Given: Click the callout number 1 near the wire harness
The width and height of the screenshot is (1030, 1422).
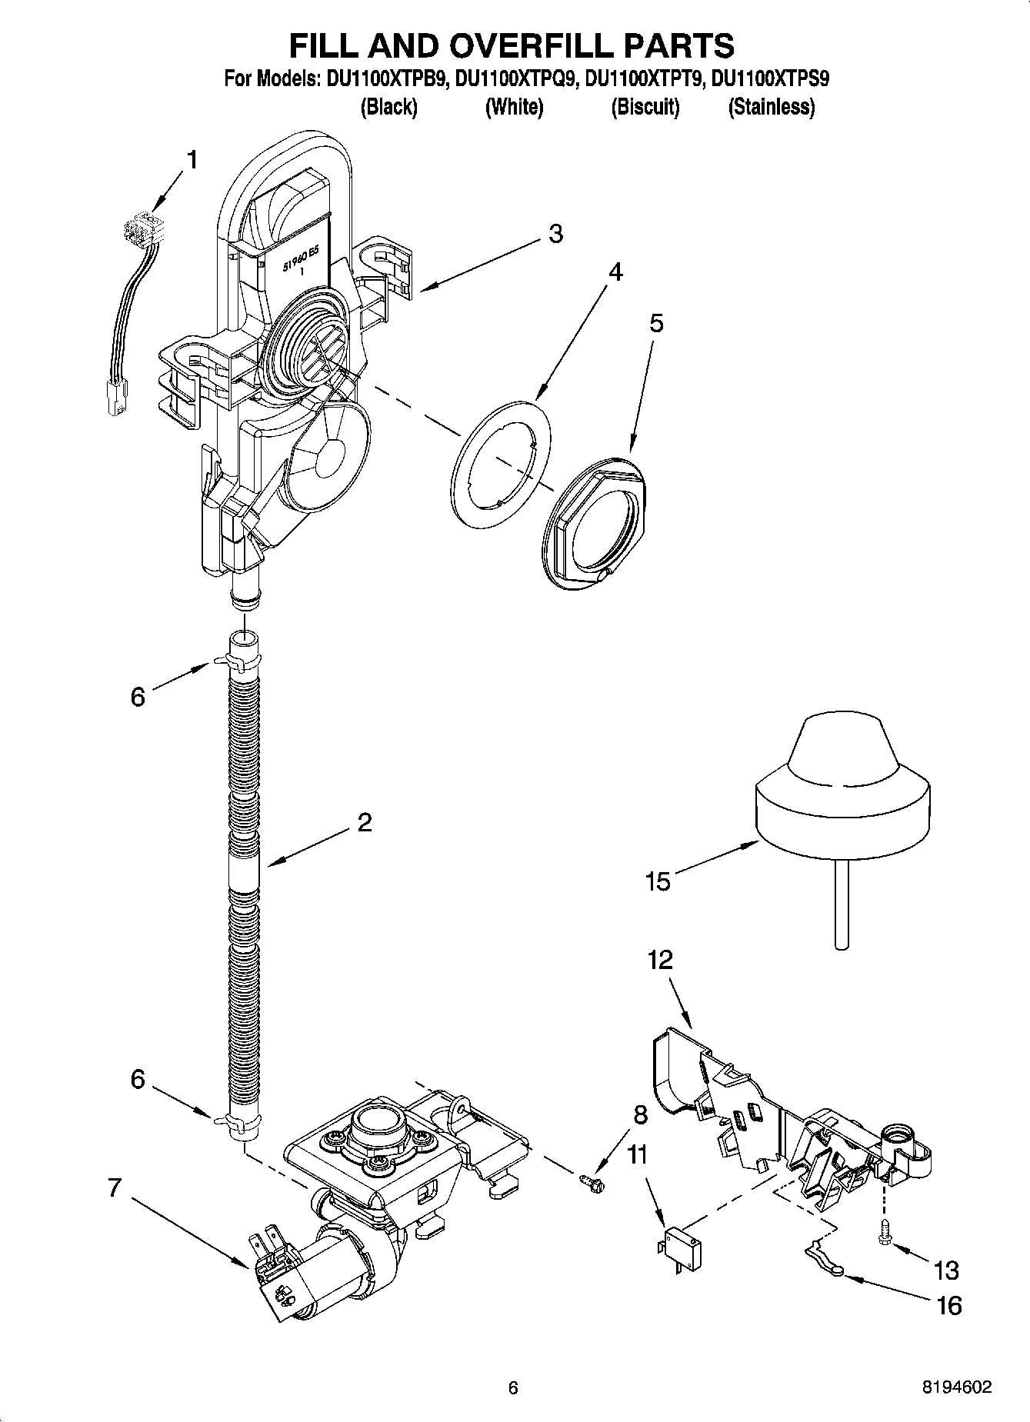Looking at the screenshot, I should coord(192,160).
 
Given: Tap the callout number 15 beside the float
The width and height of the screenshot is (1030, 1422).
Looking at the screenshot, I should coord(658,881).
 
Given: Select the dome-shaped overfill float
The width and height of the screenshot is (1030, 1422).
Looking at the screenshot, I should coord(842,792).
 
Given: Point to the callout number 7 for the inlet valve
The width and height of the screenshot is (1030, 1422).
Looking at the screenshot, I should coord(115,1188).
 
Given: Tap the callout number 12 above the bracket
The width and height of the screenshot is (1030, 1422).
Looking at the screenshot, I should coord(660,960).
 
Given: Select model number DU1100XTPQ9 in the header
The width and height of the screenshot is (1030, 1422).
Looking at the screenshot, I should coord(515,78).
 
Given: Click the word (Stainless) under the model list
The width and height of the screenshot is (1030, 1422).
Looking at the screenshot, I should coord(771,107).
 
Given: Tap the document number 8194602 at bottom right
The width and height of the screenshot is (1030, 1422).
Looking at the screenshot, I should coord(957,1387).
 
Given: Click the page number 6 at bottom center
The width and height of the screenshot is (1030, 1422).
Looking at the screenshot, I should coord(513,1387).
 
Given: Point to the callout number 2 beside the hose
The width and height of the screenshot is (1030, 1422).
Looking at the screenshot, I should coord(364,822).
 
